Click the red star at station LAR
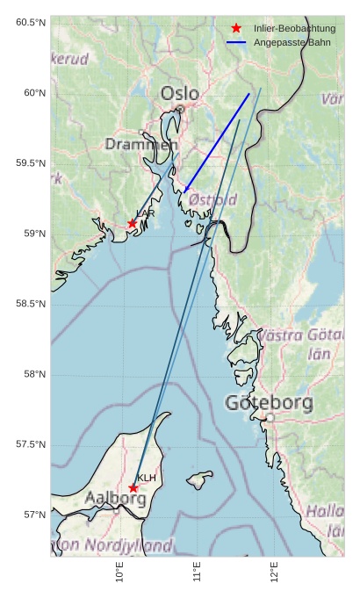pyautogui.click(x=133, y=223)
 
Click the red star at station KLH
pyautogui.click(x=133, y=488)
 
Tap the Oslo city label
pyautogui.click(x=179, y=93)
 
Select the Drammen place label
pyautogui.click(x=141, y=144)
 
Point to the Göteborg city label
pyautogui.click(x=269, y=403)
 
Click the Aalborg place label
pyautogui.click(x=115, y=498)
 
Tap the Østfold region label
pyautogui.click(x=212, y=199)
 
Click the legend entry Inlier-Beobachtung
pyautogui.click(x=294, y=28)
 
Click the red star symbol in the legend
pyautogui.click(x=236, y=28)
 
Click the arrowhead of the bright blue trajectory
pyautogui.click(x=185, y=190)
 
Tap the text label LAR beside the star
pyautogui.click(x=146, y=213)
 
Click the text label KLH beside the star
pyautogui.click(x=147, y=478)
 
